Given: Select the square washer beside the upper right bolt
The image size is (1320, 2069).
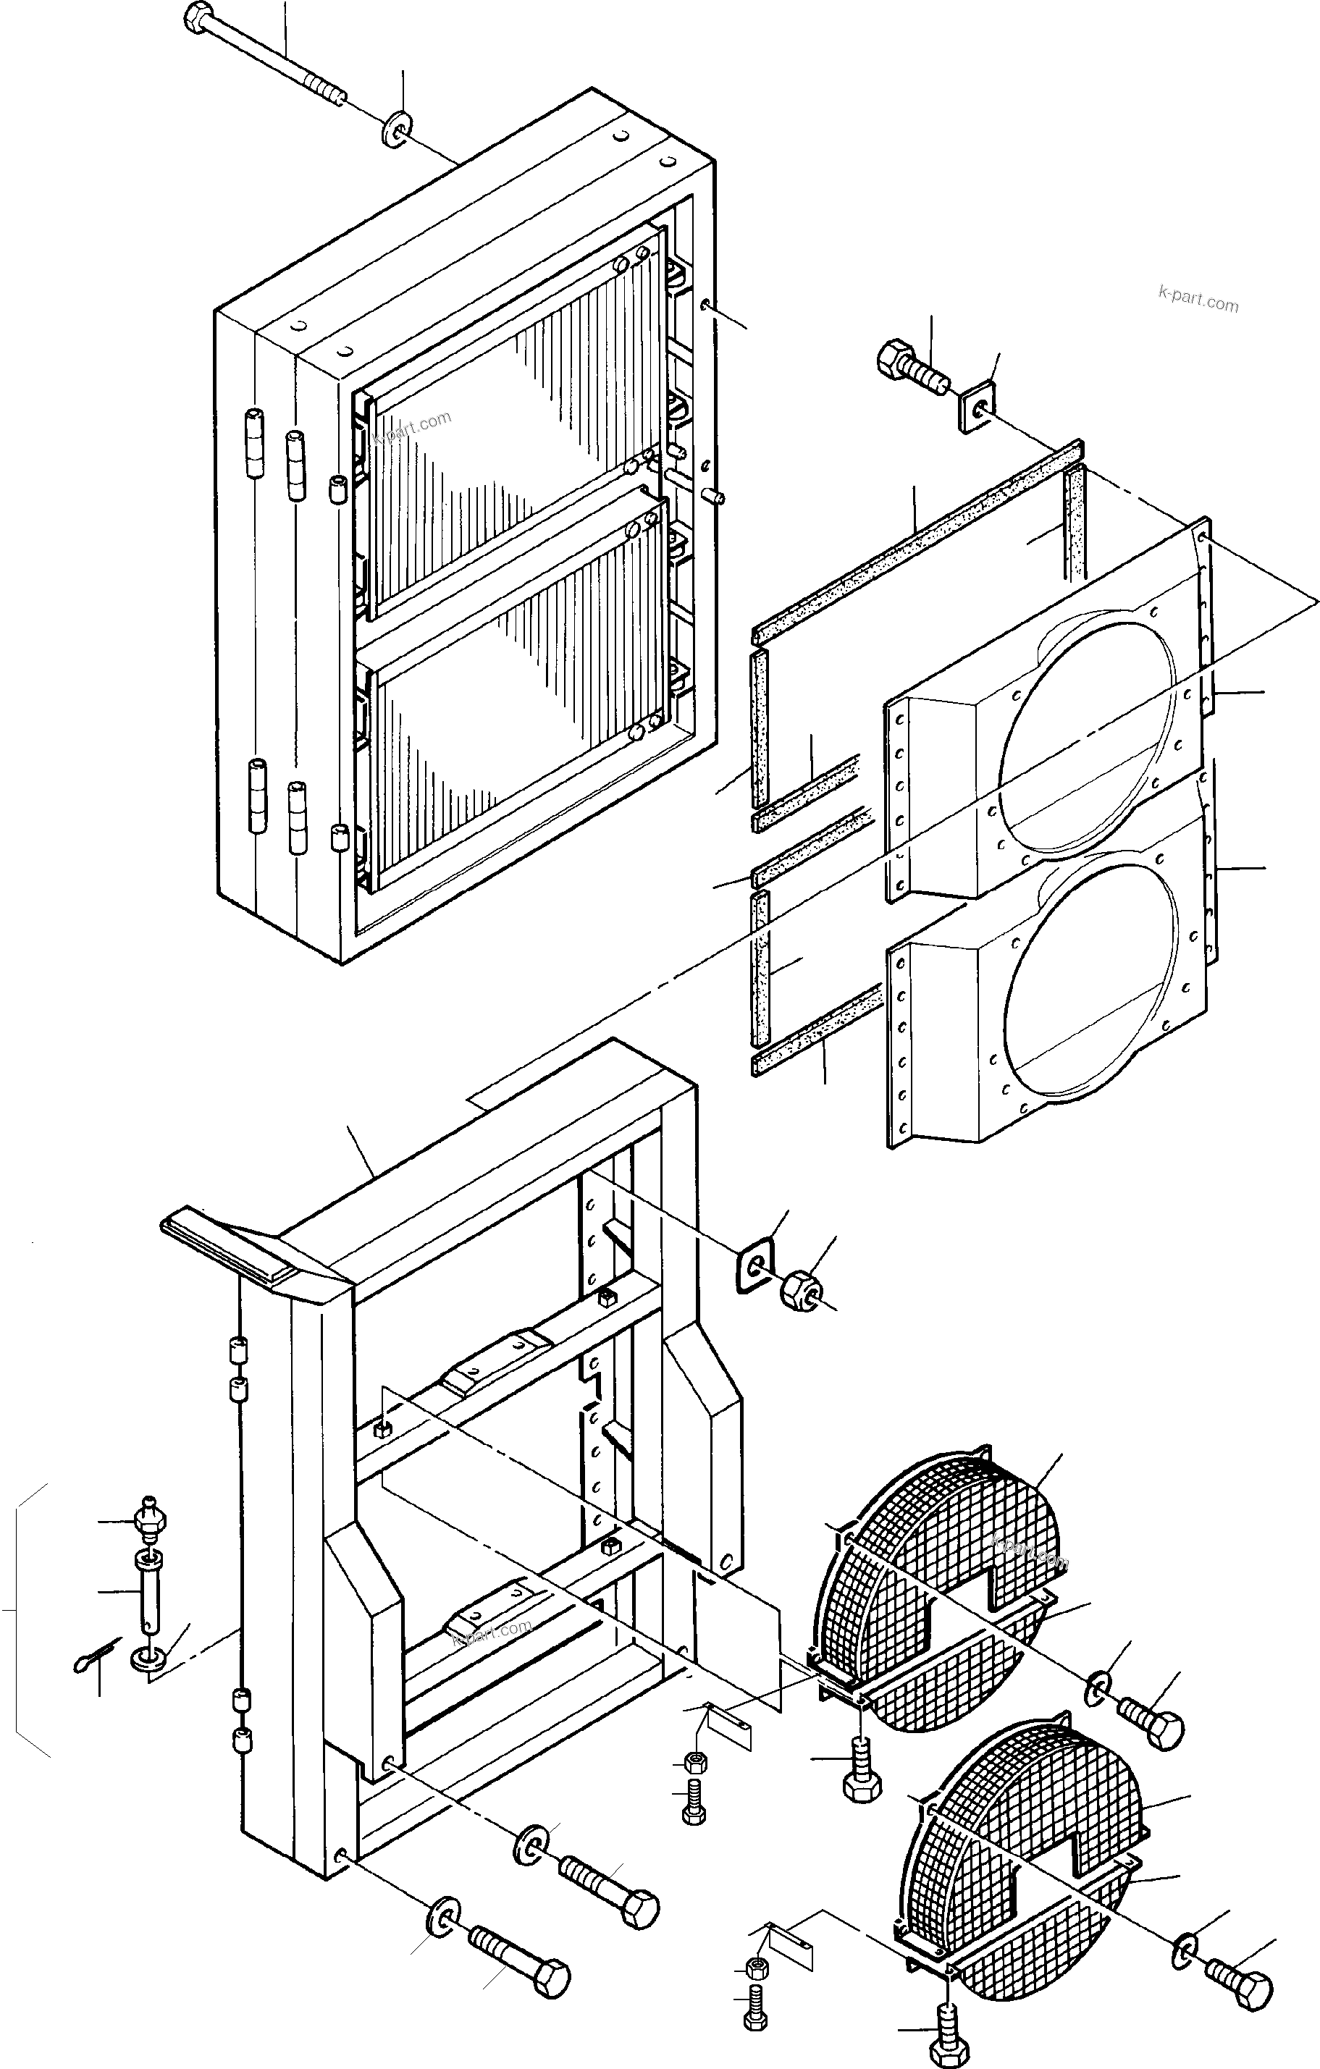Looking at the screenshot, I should pos(974,410).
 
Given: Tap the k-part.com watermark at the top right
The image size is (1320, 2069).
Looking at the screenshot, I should pos(1198,302).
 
